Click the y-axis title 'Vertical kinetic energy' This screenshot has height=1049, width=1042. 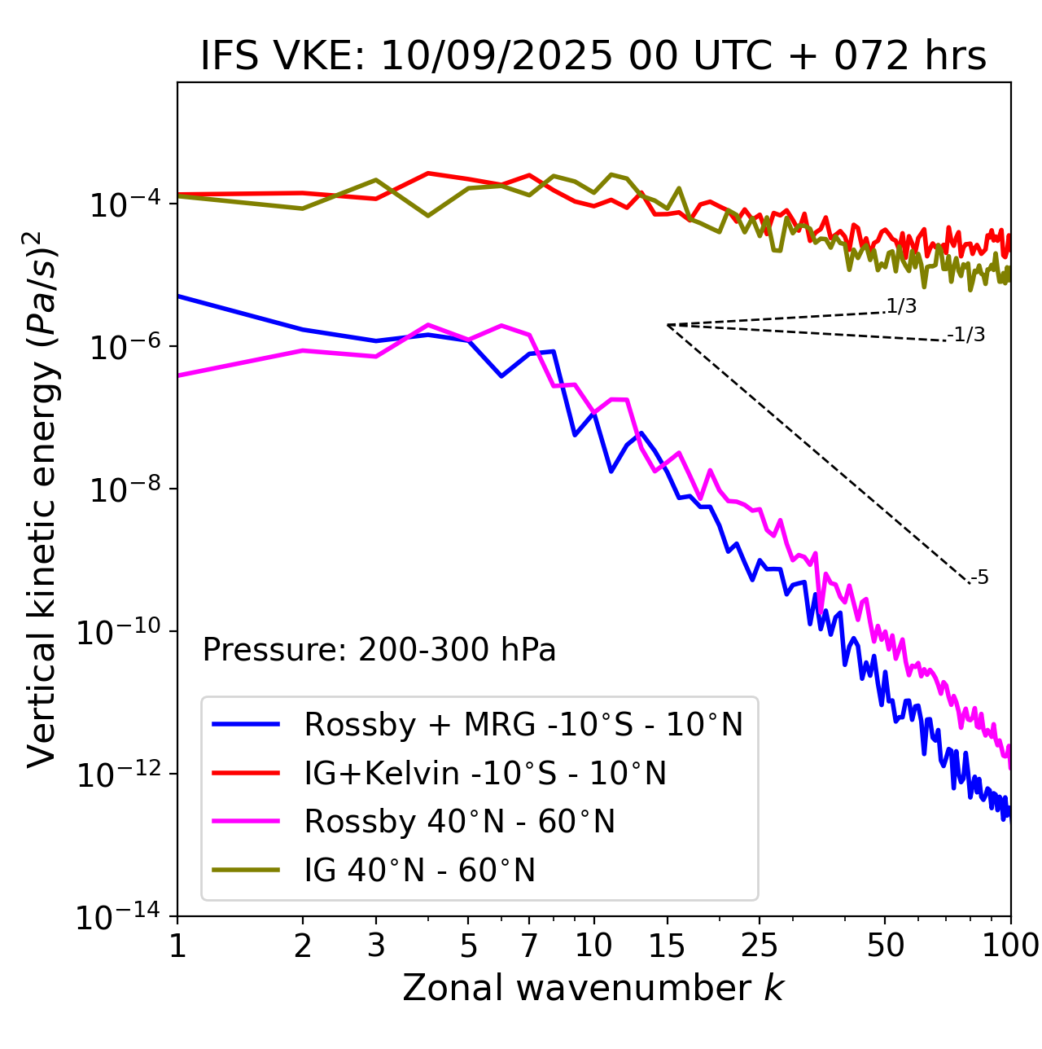[42, 498]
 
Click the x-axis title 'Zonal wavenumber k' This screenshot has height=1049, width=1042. [593, 988]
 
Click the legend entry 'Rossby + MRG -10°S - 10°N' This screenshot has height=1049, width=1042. [523, 724]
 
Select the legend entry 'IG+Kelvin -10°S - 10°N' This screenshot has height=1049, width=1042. [485, 773]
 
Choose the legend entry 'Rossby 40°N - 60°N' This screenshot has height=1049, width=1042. [459, 822]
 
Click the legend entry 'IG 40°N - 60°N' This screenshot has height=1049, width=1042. [419, 871]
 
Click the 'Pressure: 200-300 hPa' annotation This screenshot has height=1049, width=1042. [379, 650]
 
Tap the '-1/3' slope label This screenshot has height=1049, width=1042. [967, 335]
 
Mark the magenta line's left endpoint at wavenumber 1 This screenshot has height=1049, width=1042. [178, 375]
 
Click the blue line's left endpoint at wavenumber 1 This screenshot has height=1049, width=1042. [178, 296]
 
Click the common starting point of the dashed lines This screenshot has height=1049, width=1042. [668, 325]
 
